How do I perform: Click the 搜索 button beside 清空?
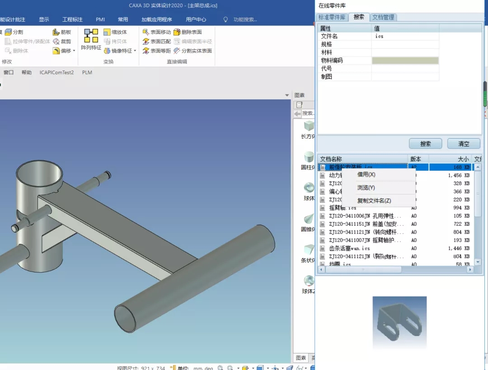[x=425, y=144]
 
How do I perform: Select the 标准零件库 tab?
[x=332, y=17]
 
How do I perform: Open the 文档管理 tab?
[x=383, y=17]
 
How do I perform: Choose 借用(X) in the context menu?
[x=366, y=174]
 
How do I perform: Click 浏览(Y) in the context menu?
[x=366, y=187]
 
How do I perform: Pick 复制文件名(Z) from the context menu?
[x=374, y=201]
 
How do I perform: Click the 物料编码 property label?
[x=332, y=61]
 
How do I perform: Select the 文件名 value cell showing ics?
[x=405, y=36]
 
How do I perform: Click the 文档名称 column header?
[x=331, y=159]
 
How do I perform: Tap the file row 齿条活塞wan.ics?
[x=349, y=248]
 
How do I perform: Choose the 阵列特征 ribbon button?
[x=91, y=39]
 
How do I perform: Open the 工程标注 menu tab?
[x=72, y=19]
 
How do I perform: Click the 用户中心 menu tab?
[x=196, y=19]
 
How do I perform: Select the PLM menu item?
[x=87, y=72]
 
